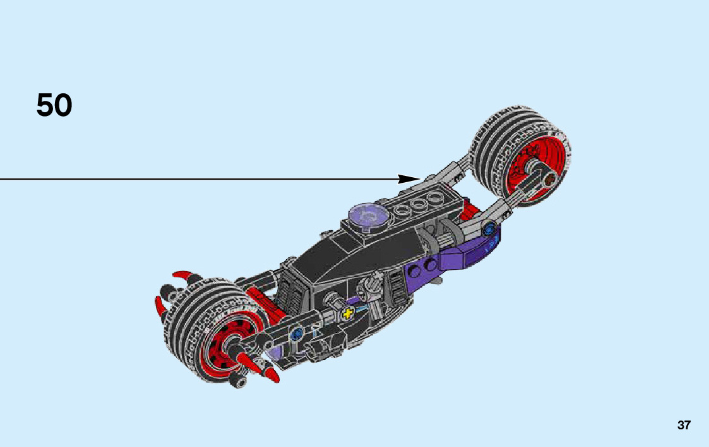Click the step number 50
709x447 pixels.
point(54,105)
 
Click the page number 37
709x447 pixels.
point(684,426)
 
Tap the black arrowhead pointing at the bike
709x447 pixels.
point(409,179)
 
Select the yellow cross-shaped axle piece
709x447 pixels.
point(347,313)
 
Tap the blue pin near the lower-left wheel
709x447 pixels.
point(297,335)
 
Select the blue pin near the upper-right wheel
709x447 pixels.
point(488,230)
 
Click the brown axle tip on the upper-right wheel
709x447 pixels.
point(549,180)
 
